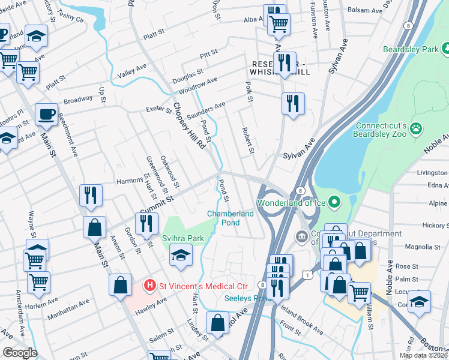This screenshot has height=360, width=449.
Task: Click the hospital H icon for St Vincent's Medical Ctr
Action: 151,284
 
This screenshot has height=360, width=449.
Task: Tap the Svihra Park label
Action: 182,238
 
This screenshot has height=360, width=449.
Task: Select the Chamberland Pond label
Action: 231,218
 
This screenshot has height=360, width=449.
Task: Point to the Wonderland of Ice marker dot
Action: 335,202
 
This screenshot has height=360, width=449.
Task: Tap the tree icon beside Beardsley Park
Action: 445,48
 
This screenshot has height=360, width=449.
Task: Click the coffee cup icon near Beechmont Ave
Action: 46,113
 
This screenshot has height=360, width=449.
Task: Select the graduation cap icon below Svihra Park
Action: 181,255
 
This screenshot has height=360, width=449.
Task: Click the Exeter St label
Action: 159,109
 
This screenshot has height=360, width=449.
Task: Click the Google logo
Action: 19,353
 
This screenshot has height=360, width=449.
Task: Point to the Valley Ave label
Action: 132,71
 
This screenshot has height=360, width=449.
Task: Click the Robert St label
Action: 249,140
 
